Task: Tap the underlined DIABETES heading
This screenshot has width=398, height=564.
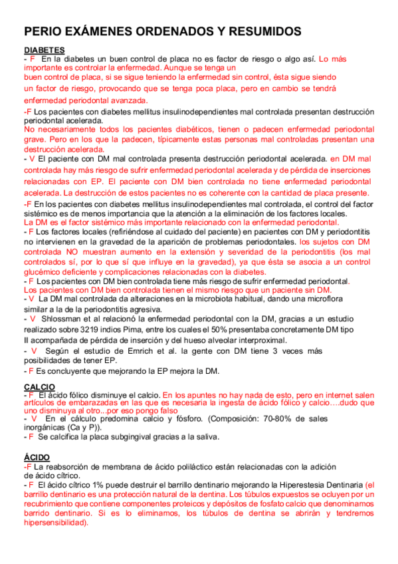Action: point(44,50)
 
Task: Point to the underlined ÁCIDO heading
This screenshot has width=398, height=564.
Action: point(37,458)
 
